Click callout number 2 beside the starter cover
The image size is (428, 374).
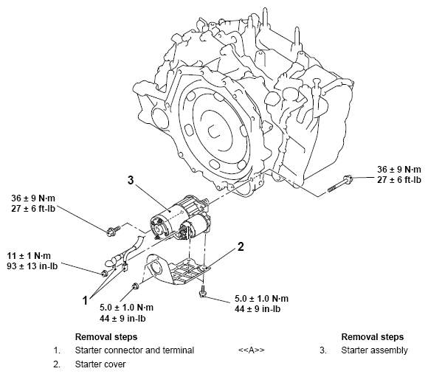point(240,246)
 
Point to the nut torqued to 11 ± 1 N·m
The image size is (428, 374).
point(104,274)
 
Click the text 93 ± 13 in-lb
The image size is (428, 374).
point(35,267)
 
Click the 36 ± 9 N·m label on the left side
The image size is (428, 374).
point(35,198)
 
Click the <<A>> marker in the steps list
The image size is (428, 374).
point(252,350)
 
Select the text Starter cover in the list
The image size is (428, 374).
point(99,364)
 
